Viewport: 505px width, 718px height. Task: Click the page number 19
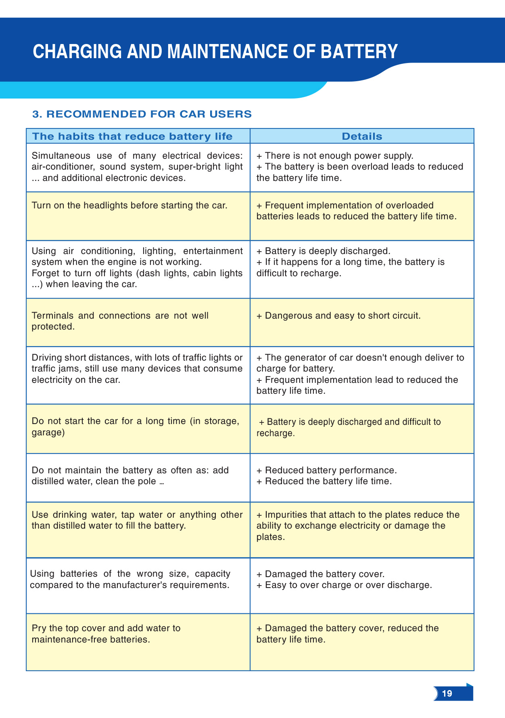click(447, 693)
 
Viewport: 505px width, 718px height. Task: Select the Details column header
click(362, 136)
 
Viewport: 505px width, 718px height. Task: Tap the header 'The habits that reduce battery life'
click(132, 136)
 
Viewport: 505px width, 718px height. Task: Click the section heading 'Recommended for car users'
click(142, 114)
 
